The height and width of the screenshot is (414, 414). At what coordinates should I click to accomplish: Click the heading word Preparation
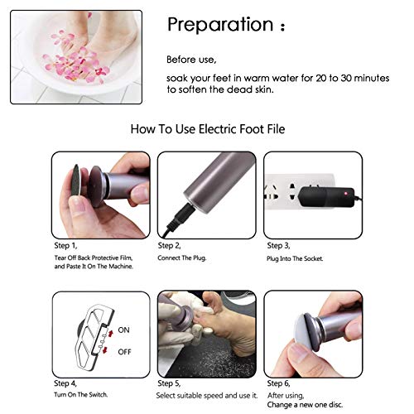(x=220, y=25)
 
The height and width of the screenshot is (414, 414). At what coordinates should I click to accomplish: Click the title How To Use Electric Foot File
(x=208, y=129)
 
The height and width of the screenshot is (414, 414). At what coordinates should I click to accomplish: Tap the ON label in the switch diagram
(x=123, y=330)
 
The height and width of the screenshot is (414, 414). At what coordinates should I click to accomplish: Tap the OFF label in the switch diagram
(x=124, y=352)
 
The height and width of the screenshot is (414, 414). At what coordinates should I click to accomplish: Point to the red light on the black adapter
(x=345, y=194)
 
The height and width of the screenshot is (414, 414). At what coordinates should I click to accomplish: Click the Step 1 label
(x=65, y=246)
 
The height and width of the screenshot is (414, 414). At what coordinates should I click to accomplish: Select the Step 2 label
(x=169, y=246)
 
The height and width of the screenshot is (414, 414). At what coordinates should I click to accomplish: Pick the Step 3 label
(x=278, y=246)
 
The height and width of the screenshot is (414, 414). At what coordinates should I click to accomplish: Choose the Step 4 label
(x=65, y=383)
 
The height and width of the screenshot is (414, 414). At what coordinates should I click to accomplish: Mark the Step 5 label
(x=169, y=383)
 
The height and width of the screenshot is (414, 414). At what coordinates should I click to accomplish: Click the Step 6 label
(x=278, y=383)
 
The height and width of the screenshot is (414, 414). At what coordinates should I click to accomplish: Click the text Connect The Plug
(x=182, y=258)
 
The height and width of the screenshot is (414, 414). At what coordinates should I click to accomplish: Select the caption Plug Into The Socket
(x=295, y=258)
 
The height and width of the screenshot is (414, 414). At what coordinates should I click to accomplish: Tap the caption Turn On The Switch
(x=80, y=395)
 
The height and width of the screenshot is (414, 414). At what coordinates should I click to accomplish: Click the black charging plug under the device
(x=181, y=216)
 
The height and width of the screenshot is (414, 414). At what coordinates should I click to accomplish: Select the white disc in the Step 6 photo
(x=304, y=333)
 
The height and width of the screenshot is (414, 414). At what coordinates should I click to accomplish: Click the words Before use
(x=191, y=60)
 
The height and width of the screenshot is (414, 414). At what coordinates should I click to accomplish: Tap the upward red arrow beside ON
(x=111, y=333)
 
